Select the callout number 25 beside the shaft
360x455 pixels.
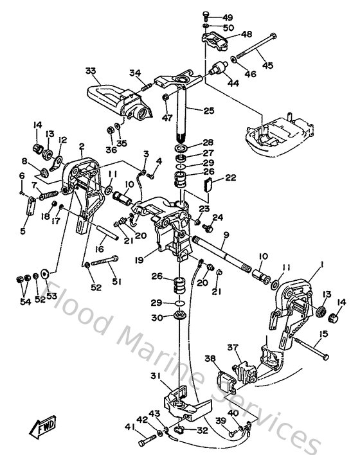coord(207,111)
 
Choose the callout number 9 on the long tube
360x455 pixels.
coord(226,235)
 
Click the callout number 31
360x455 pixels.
coord(155,376)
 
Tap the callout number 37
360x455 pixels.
coord(232,347)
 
